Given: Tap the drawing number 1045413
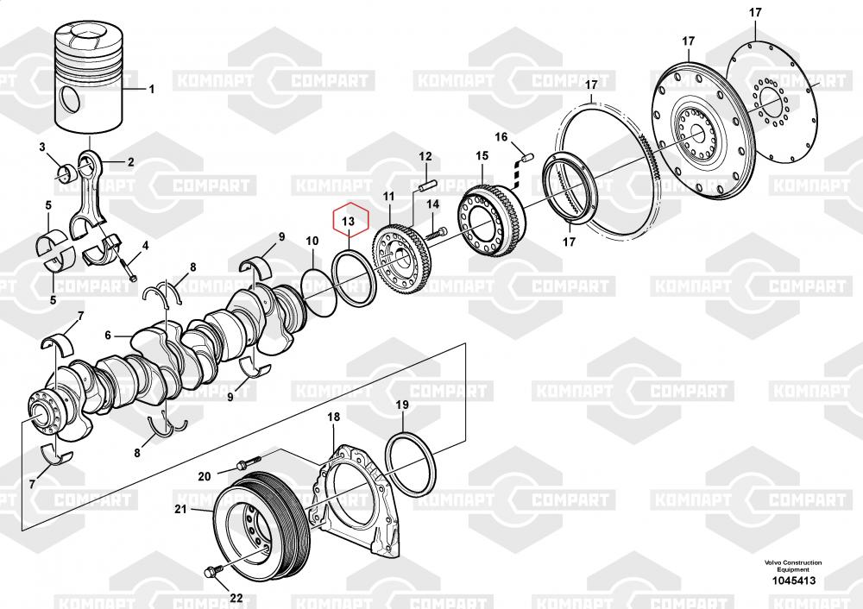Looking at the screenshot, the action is (793, 581).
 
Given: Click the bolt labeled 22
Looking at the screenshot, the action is (212, 572).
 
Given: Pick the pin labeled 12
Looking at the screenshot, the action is (427, 185).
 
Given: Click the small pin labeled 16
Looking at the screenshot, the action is (525, 154).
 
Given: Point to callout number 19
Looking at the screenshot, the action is (402, 405).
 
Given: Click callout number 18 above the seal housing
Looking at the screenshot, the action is (333, 417).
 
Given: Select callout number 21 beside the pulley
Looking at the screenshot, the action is (181, 510).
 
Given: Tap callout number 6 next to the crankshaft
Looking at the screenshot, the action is (108, 335).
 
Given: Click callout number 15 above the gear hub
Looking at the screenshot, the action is (482, 155).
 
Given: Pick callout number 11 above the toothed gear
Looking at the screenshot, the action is (389, 197).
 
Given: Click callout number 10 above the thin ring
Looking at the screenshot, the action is (312, 241).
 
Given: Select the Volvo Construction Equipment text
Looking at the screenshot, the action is (792, 566).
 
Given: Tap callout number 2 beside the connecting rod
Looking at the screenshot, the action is (130, 162).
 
